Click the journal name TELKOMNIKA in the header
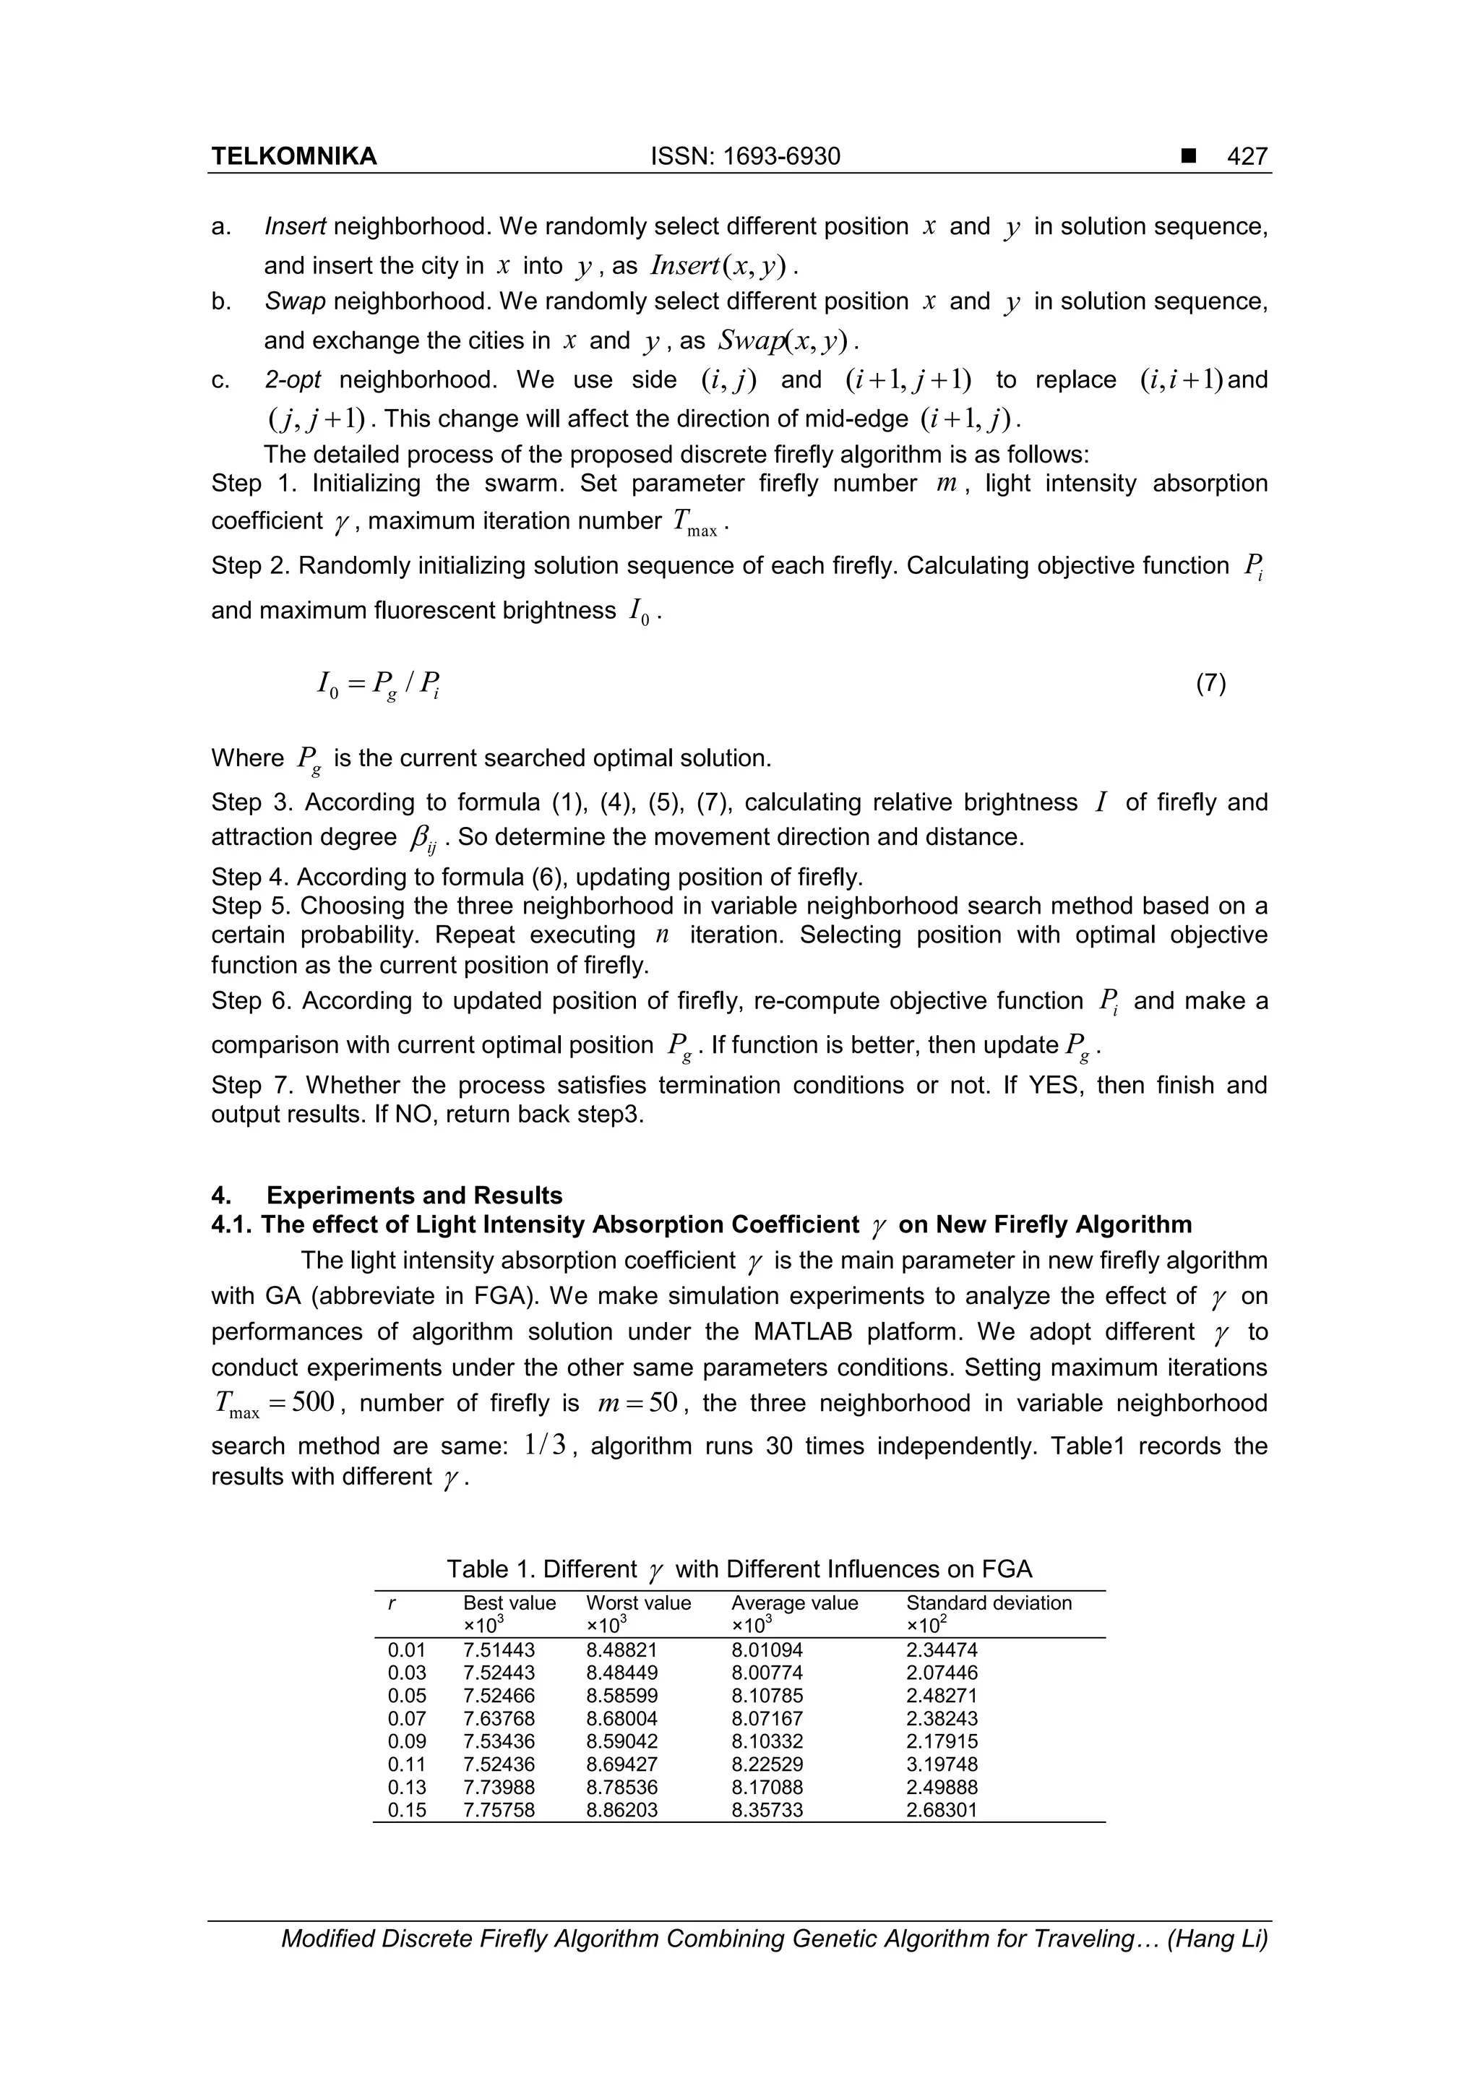[x=293, y=157]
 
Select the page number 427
[x=1247, y=157]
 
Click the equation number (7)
[x=1210, y=684]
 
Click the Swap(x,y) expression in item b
[x=783, y=341]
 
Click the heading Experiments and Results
[x=414, y=1196]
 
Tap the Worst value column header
[x=638, y=1602]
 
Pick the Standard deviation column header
[x=989, y=1602]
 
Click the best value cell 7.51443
[x=499, y=1650]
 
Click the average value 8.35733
[x=767, y=1809]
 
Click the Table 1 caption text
[x=739, y=1569]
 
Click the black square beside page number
[x=1187, y=157]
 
